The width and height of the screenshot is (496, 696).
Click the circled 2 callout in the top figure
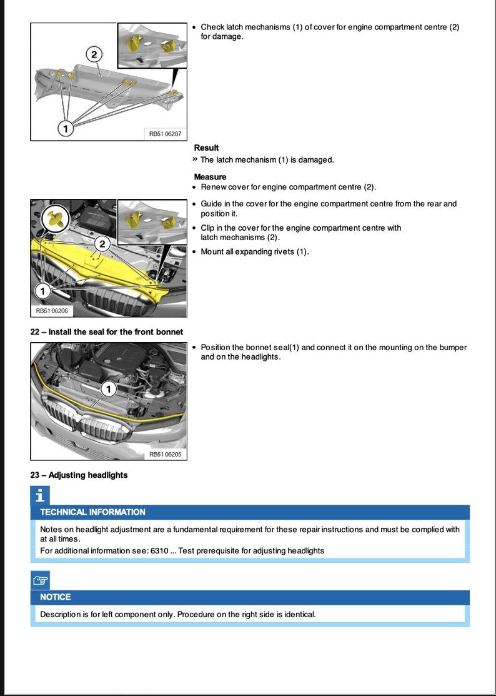(x=94, y=55)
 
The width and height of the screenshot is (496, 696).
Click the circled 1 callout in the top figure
(x=66, y=128)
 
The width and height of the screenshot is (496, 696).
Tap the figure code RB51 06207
(x=165, y=133)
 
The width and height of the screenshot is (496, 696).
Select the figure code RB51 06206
(x=52, y=310)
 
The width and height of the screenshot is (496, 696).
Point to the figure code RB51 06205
(x=165, y=454)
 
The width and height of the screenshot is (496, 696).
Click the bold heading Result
(x=206, y=148)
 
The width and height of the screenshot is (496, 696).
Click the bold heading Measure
(x=210, y=177)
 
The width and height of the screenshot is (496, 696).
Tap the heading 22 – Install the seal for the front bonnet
(x=107, y=332)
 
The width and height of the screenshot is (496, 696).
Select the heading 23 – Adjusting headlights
(x=79, y=475)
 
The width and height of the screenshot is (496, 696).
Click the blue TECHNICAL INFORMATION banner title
(x=92, y=512)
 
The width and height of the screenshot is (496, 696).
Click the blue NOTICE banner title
(x=56, y=597)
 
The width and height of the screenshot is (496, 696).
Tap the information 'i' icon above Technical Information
(x=40, y=496)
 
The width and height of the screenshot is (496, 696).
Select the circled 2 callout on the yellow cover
(x=102, y=243)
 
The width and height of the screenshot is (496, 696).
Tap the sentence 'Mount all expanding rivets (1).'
(x=255, y=252)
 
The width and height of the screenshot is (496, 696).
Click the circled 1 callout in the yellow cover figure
(x=42, y=291)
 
